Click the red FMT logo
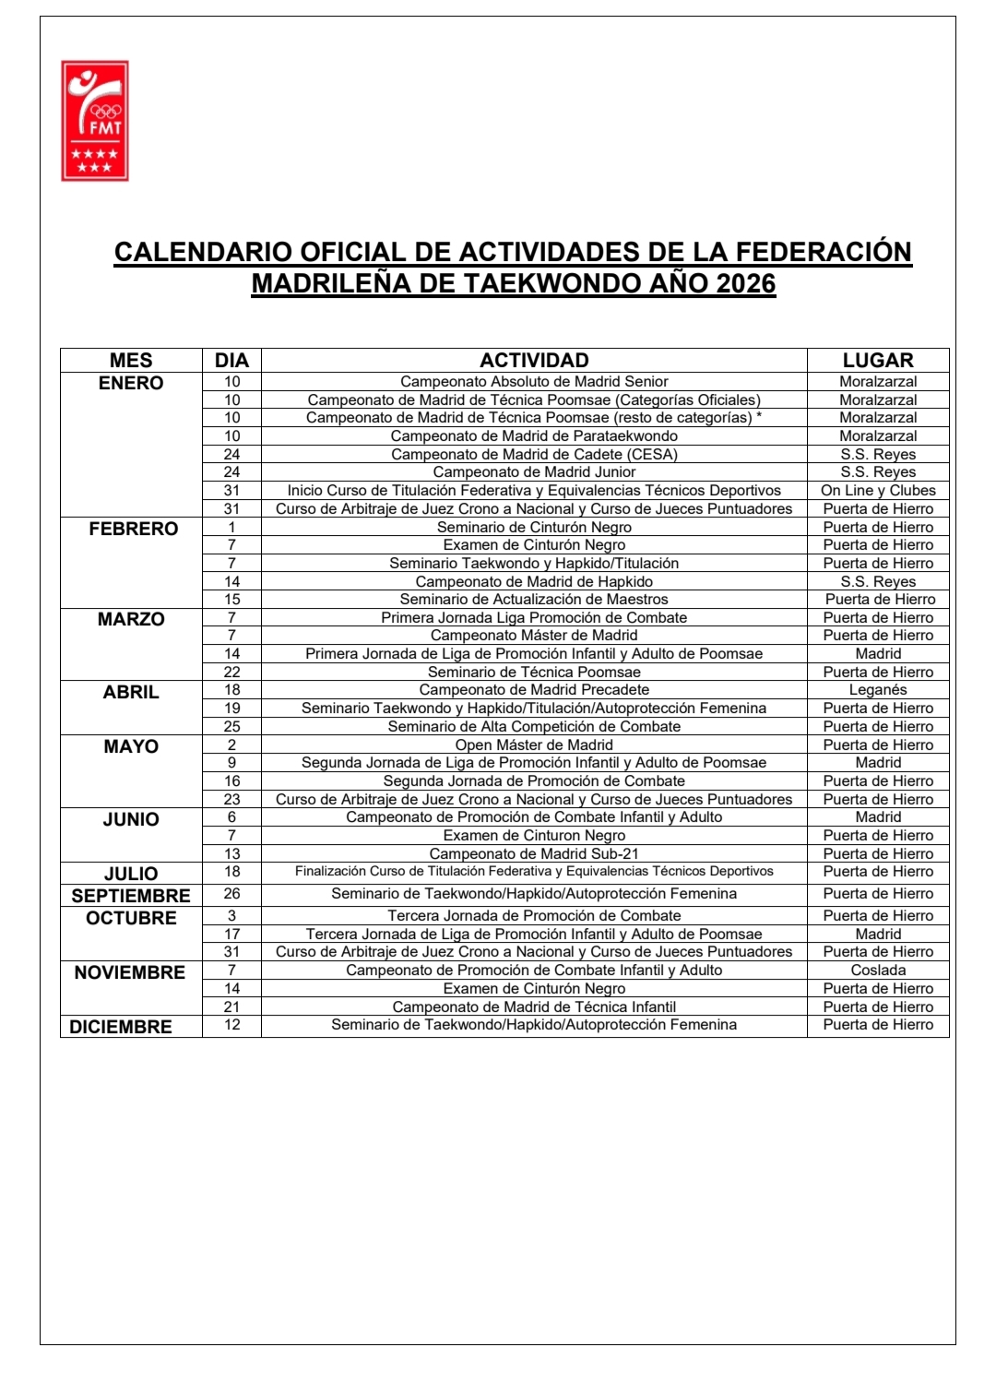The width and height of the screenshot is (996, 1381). [x=95, y=121]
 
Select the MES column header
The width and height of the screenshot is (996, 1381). [x=131, y=361]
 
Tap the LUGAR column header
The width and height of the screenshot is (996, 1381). [x=878, y=361]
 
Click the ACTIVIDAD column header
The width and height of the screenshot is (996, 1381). [x=534, y=361]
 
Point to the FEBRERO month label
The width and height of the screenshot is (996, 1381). [x=134, y=529]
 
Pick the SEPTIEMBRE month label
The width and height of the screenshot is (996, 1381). [x=131, y=896]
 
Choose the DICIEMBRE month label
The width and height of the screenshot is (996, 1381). [x=121, y=1027]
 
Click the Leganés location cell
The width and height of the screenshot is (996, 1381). [x=878, y=690]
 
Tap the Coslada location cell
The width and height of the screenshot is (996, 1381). [x=878, y=970]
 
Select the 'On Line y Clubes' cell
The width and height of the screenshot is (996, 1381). [x=878, y=491]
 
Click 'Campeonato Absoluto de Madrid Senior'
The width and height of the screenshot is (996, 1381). [x=534, y=382]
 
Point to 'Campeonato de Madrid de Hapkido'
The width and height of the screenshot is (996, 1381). [x=534, y=582]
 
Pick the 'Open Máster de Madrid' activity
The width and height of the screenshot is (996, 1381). [x=534, y=745]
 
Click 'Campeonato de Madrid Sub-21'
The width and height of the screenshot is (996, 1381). [x=534, y=854]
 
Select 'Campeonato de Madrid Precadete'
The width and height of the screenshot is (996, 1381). [x=534, y=690]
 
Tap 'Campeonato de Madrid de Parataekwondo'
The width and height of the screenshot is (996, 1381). [x=534, y=436]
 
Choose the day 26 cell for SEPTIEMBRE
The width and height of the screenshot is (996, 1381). [x=231, y=894]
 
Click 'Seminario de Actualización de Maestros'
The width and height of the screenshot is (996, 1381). [x=534, y=600]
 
